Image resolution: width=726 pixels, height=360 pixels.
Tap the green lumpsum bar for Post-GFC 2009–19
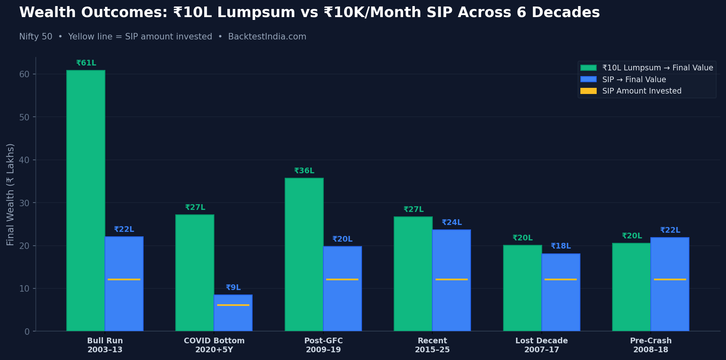click(304, 254)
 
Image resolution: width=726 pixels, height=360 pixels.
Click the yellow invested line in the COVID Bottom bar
click(233, 305)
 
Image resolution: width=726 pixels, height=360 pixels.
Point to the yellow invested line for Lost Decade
click(560, 279)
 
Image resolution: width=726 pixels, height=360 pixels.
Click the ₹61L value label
click(86, 63)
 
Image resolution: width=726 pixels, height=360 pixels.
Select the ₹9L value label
click(233, 288)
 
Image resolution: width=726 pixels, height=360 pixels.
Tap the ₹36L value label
click(304, 171)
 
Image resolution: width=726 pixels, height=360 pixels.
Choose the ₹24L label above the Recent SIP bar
click(451, 223)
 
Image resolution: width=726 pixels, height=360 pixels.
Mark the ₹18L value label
click(560, 246)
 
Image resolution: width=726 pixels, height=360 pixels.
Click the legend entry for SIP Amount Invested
click(641, 91)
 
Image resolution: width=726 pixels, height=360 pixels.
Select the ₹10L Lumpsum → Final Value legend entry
click(657, 68)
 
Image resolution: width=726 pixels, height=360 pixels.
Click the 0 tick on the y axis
click(27, 332)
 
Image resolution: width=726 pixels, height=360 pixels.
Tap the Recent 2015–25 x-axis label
click(432, 345)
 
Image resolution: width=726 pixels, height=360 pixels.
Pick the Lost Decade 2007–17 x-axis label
click(541, 345)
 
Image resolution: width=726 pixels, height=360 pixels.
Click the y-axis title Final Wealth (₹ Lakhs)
click(11, 194)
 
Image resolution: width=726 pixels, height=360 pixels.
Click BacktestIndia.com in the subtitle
click(267, 37)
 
